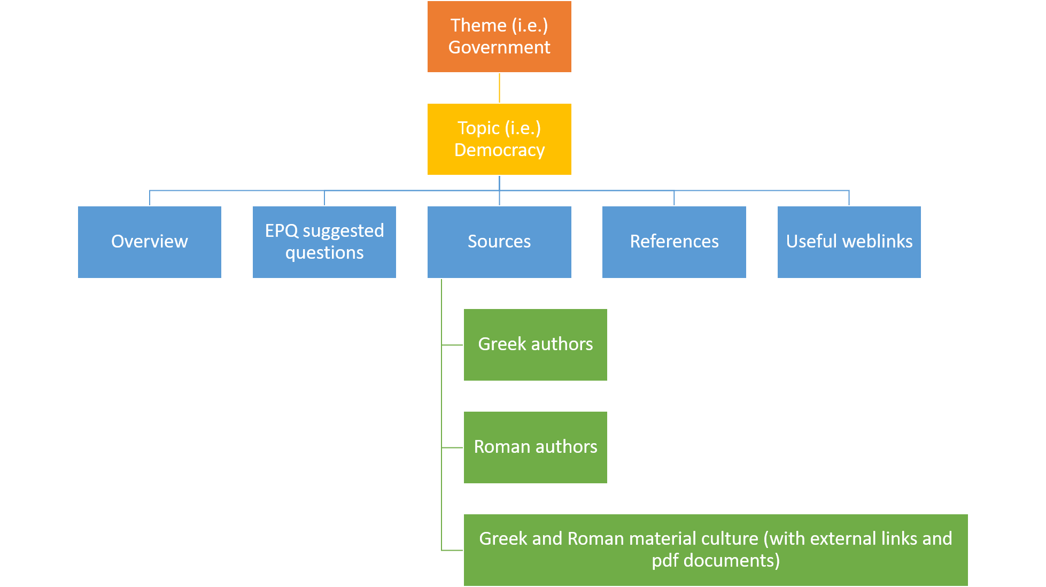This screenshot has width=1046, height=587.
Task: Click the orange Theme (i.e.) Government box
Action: coord(499,36)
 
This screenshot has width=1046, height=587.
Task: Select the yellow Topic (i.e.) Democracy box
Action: coord(499,139)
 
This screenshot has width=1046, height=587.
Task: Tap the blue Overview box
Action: coord(150,242)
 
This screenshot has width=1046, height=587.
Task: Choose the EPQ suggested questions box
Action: coord(324,242)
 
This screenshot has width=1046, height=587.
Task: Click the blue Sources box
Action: coord(499,242)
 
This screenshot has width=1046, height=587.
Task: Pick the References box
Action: coord(674,242)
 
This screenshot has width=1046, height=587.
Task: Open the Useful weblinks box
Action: coord(849,242)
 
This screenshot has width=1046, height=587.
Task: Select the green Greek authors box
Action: coord(535,344)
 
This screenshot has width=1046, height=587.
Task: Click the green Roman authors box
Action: coord(535,447)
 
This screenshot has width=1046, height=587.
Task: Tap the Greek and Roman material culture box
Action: coord(715,550)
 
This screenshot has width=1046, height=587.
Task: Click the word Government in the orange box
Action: coord(499,48)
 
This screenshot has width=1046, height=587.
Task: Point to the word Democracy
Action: coord(499,150)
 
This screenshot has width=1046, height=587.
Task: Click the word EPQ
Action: coord(282,231)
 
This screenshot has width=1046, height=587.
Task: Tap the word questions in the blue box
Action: coord(324,253)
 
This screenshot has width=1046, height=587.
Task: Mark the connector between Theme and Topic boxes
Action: coord(499,88)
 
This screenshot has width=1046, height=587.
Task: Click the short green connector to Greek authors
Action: coord(452,345)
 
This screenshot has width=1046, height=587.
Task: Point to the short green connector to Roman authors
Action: coord(452,447)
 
